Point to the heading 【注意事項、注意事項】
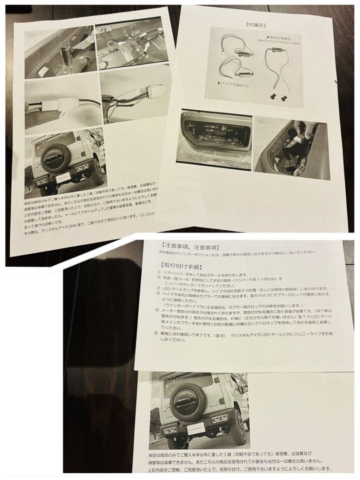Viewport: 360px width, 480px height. tap(187, 246)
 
